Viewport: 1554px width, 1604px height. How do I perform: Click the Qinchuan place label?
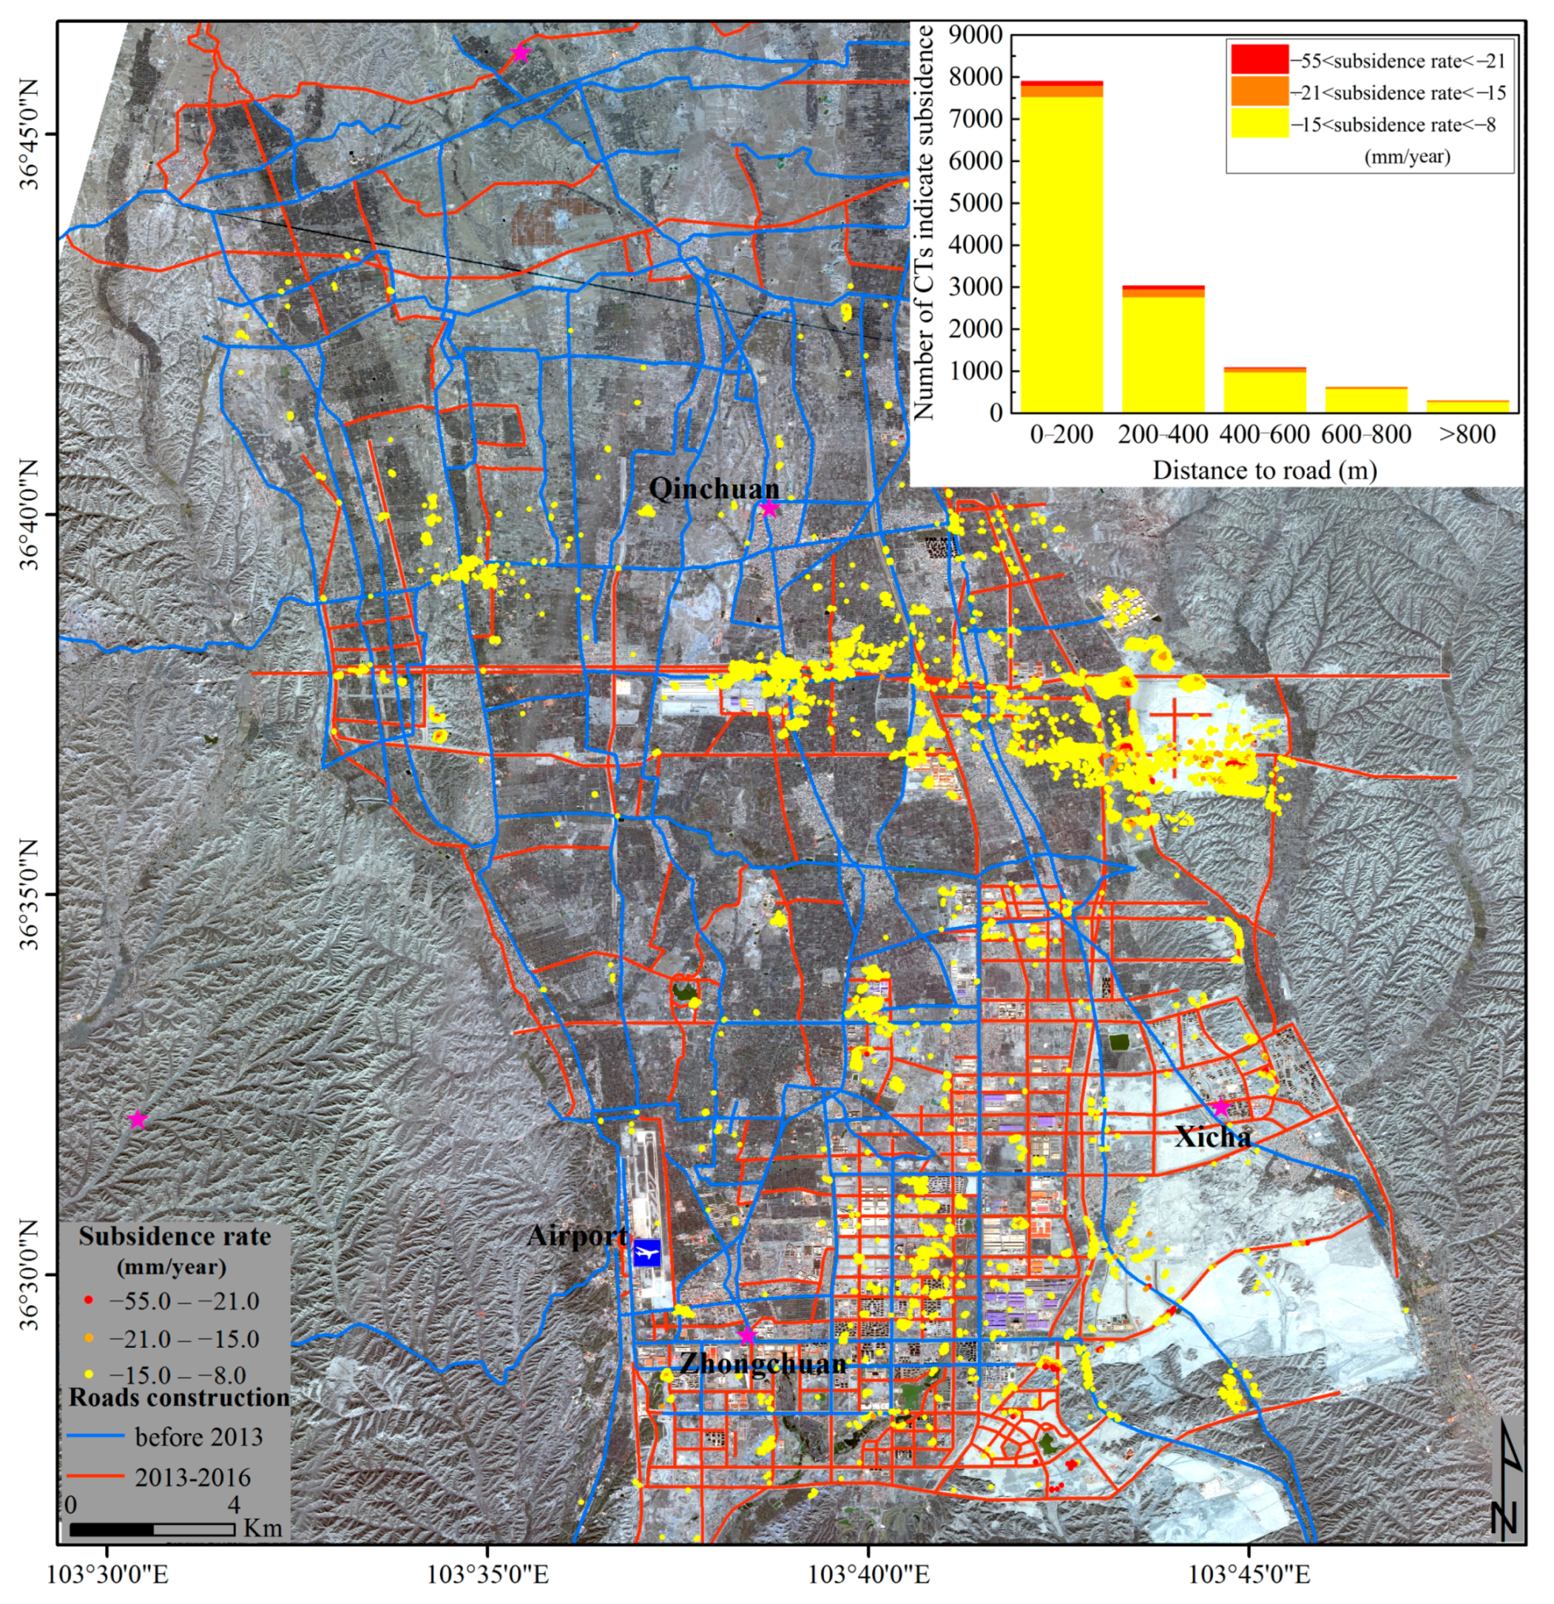tap(713, 489)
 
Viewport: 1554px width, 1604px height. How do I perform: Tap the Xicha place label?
tap(1213, 1137)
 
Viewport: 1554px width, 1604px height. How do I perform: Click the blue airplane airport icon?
tap(646, 1253)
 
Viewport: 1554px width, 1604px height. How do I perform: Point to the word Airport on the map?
tap(577, 1236)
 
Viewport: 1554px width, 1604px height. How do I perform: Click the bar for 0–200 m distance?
tap(1061, 254)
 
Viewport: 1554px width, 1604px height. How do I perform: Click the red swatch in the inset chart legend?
tap(1259, 59)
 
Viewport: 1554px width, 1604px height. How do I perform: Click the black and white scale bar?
tap(152, 1530)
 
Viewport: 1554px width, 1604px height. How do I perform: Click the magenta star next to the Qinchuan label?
tap(769, 509)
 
